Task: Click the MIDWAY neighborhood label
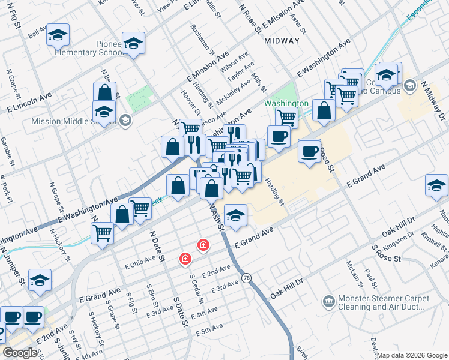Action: coord(282,41)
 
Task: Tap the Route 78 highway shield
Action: coord(246,277)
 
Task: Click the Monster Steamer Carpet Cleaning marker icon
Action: coord(329,300)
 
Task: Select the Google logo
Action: coord(20,353)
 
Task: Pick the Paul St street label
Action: coord(370,278)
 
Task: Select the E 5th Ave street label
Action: coord(208,330)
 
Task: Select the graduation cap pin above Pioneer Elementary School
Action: coord(134,44)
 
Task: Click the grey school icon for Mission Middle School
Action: coord(125,119)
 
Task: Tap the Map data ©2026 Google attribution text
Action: coord(412,355)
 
